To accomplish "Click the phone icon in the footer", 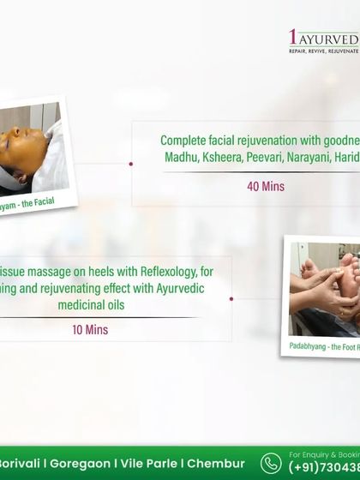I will pos(271,462).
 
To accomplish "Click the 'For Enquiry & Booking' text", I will pos(324,453).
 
